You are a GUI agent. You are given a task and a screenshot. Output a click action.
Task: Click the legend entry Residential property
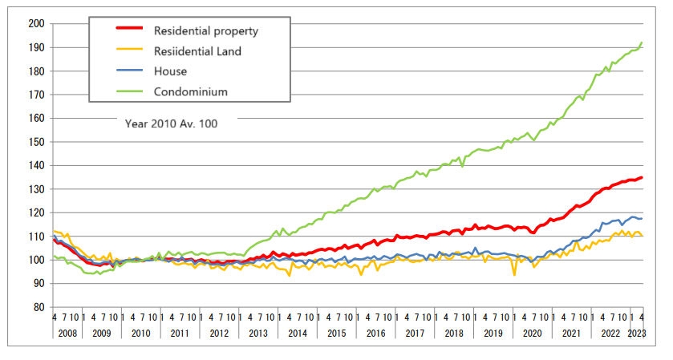(207, 30)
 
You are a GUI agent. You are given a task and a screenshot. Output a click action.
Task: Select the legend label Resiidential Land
(197, 51)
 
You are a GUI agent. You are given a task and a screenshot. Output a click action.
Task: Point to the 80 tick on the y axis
(37, 307)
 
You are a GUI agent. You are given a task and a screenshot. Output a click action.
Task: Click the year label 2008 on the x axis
(67, 333)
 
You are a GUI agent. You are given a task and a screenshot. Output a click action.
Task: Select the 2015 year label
(337, 333)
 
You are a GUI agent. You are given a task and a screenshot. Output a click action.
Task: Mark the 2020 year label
(533, 333)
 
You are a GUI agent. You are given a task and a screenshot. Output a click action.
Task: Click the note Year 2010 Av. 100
(170, 124)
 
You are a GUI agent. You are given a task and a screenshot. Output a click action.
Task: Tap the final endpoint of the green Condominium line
(642, 42)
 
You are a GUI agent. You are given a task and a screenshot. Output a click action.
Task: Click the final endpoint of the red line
(642, 177)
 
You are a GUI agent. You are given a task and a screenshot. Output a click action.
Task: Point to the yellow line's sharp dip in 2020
(514, 275)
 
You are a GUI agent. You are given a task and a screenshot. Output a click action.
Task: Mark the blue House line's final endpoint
(642, 218)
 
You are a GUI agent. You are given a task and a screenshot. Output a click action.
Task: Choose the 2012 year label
(219, 333)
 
